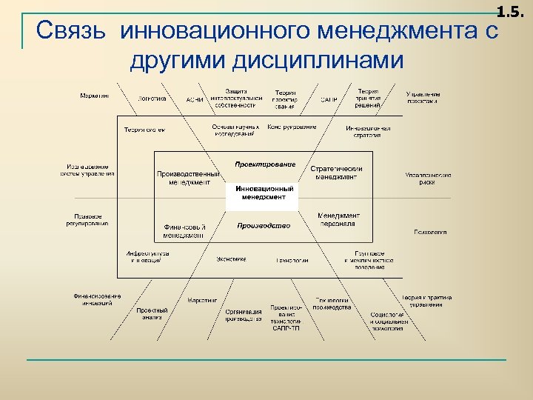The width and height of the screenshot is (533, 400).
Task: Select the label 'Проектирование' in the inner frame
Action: pyautogui.click(x=264, y=164)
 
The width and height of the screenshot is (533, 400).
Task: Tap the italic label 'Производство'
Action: pyautogui.click(x=264, y=225)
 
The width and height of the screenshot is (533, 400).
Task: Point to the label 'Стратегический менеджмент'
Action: pyautogui.click(x=336, y=173)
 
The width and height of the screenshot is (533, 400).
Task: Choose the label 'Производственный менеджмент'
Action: pyautogui.click(x=189, y=178)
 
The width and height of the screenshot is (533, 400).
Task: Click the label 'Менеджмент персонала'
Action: pyautogui.click(x=338, y=219)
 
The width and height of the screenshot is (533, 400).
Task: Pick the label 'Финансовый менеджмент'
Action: pyautogui.click(x=184, y=230)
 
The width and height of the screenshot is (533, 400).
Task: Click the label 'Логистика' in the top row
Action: pyautogui.click(x=152, y=98)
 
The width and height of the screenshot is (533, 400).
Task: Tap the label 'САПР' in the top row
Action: pyautogui.click(x=329, y=99)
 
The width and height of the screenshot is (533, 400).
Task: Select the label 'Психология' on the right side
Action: pyautogui.click(x=429, y=232)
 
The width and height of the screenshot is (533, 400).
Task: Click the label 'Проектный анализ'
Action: pyautogui.click(x=152, y=314)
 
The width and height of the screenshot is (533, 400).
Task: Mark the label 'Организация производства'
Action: pyautogui.click(x=244, y=315)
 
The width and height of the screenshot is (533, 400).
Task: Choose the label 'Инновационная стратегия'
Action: pyautogui.click(x=368, y=131)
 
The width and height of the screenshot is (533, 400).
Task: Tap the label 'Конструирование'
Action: pyautogui.click(x=292, y=127)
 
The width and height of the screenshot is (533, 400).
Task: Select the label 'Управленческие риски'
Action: pyautogui.click(x=428, y=178)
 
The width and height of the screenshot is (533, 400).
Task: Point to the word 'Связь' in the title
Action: pyautogui.click(x=74, y=32)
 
